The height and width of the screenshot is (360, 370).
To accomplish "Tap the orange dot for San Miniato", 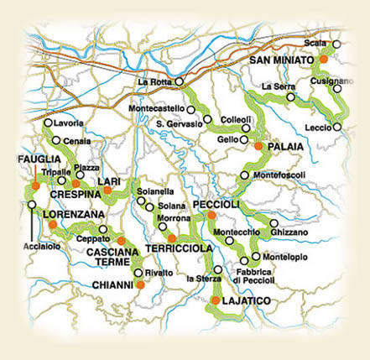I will [323, 60].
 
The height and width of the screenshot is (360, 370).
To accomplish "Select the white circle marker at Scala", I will [336, 44].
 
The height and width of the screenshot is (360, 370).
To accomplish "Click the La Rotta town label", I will [154, 81].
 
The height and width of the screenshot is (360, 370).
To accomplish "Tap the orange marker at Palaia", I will [258, 146].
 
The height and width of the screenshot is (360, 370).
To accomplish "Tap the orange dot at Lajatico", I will [216, 300].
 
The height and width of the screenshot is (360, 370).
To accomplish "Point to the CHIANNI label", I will [112, 285].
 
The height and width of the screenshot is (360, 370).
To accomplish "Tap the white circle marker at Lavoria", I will [47, 123].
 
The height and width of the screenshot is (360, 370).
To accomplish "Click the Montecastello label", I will [157, 109].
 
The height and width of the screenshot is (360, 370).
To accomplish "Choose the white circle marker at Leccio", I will [336, 128].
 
